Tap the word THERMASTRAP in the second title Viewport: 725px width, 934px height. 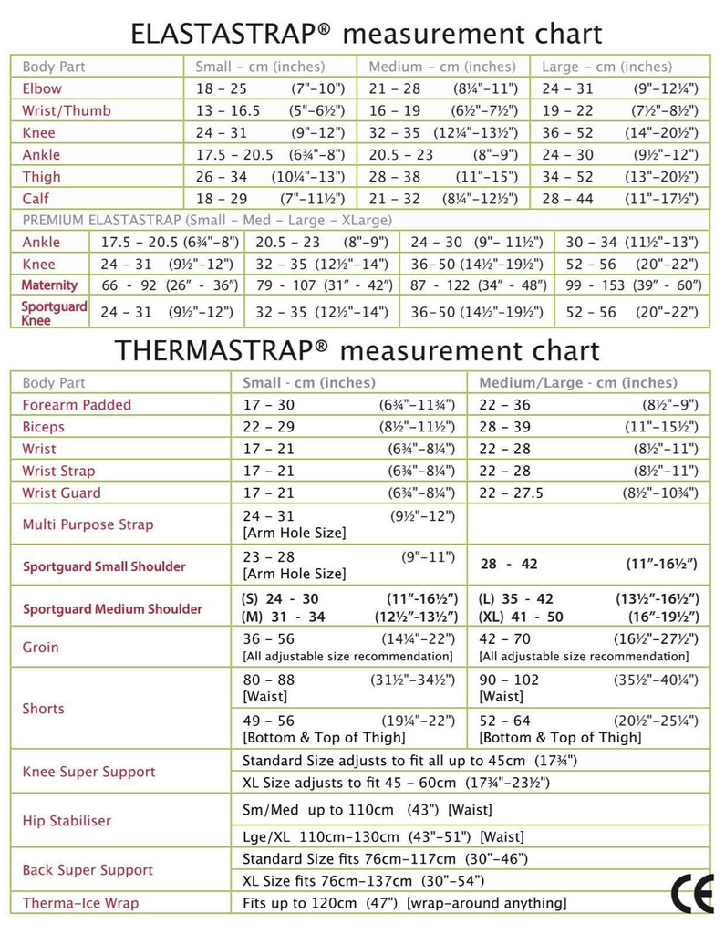pos(224,350)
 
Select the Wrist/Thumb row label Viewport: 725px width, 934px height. pos(67,110)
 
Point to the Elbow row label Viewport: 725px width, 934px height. pos(42,88)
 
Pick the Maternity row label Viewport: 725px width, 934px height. pos(50,285)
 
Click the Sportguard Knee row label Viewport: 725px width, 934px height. pos(54,313)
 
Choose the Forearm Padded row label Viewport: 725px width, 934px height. pos(77,404)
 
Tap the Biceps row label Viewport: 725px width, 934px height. pos(44,427)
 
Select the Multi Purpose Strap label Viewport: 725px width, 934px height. pos(88,524)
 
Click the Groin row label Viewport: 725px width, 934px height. pos(41,648)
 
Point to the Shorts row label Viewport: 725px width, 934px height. pos(44,708)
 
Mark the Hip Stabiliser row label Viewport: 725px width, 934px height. pos(67,821)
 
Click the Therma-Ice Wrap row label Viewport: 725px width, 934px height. pos(80,903)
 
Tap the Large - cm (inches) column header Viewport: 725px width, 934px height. pos(606,67)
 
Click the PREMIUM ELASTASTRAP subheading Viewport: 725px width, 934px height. pos(207,220)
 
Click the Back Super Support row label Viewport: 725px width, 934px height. pos(88,870)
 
